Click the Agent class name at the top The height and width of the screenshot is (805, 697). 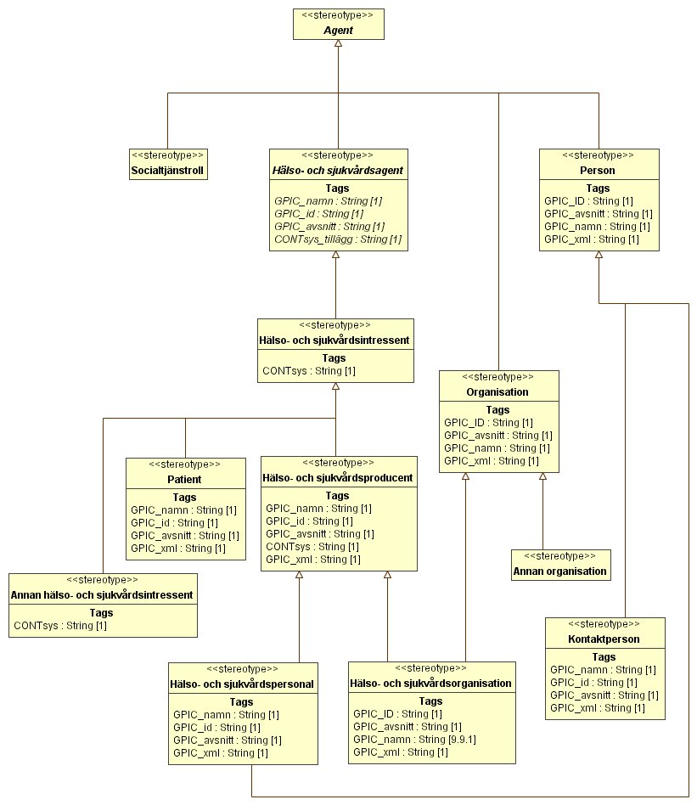(338, 31)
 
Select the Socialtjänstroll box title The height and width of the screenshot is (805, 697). (167, 171)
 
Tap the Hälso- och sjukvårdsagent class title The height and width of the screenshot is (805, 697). (338, 171)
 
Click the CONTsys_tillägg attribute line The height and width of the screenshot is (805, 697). (338, 239)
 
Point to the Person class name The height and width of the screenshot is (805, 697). (598, 171)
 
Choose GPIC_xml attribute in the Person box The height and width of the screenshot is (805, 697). (591, 239)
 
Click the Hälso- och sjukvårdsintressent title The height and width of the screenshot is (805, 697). (334, 341)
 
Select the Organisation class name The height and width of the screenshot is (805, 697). (497, 392)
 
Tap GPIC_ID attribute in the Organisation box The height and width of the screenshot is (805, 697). (488, 423)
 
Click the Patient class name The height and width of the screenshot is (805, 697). (184, 480)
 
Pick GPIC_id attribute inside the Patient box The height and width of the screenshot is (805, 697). (175, 522)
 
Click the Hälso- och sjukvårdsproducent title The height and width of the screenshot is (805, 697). (338, 478)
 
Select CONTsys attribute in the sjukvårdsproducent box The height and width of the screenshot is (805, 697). (312, 547)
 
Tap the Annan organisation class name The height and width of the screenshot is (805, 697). (560, 571)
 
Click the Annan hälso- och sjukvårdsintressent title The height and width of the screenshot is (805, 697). (102, 595)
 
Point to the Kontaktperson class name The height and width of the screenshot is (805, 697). (604, 639)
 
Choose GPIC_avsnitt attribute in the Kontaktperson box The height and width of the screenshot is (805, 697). (604, 695)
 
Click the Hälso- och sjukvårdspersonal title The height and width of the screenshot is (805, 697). (242, 684)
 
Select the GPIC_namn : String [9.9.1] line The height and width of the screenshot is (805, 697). (414, 740)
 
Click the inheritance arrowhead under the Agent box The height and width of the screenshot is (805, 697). (338, 43)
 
